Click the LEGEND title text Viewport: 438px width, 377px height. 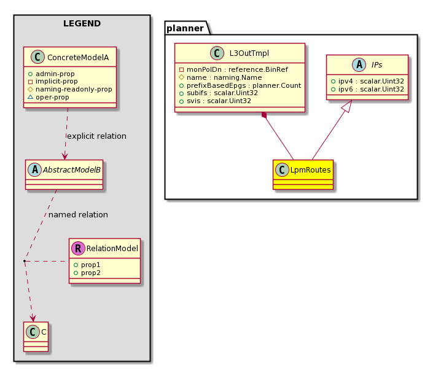click(x=82, y=23)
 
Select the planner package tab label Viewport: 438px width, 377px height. click(x=185, y=28)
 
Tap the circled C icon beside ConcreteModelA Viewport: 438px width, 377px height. click(x=37, y=57)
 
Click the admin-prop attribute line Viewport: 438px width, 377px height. click(x=52, y=74)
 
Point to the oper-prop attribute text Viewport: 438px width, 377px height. click(x=52, y=97)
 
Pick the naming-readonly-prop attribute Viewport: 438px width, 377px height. click(x=74, y=89)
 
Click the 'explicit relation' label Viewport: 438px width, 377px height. click(x=96, y=136)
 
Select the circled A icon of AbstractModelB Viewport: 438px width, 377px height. click(x=35, y=170)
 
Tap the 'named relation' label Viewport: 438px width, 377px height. click(x=78, y=214)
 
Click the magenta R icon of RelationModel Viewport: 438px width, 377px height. click(x=78, y=248)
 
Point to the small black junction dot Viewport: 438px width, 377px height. click(x=25, y=261)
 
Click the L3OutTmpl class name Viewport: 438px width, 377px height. click(x=249, y=53)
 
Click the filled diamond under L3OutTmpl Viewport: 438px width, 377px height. click(x=264, y=115)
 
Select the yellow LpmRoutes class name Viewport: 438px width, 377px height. click(x=310, y=170)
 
